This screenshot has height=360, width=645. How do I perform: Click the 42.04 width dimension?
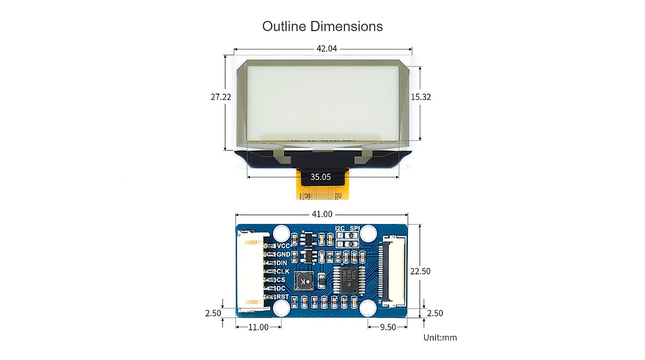point(326,48)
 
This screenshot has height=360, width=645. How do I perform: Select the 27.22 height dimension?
point(221,97)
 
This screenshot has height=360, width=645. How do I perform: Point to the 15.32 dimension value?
point(421,97)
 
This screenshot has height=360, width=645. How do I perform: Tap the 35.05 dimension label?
point(320,177)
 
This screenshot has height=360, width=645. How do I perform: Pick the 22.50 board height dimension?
point(420,271)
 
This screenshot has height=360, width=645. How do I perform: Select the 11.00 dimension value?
point(258,327)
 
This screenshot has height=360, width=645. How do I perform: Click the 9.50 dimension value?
point(387,327)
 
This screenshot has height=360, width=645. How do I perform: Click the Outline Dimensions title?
point(322,26)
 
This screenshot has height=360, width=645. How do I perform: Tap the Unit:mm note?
point(440,337)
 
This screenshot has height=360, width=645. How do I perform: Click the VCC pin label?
point(283,246)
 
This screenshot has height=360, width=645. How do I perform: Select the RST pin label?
point(282,297)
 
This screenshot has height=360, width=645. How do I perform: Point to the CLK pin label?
point(283,271)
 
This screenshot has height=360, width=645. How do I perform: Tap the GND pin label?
point(283,255)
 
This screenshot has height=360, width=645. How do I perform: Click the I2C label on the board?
point(340,228)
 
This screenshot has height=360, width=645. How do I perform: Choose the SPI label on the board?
point(354,228)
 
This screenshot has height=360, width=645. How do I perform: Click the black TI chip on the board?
point(348,279)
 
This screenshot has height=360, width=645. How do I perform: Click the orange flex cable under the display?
point(321,192)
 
